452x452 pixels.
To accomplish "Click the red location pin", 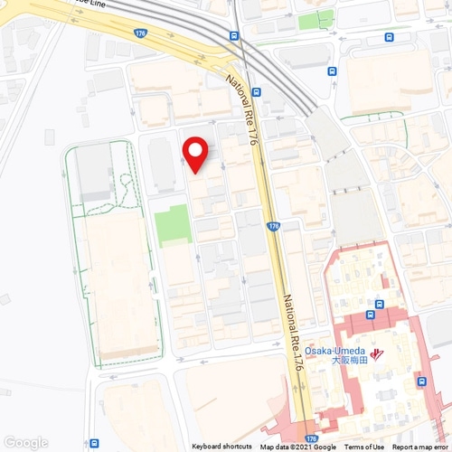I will [x=195, y=154].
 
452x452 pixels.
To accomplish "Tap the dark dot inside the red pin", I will [x=195, y=148].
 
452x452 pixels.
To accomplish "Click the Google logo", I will [x=25, y=442].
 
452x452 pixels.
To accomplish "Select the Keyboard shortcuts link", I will [x=221, y=447].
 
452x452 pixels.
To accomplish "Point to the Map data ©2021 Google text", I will [x=297, y=447].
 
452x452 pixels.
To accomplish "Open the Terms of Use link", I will [x=364, y=447].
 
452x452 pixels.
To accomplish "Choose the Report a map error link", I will [x=420, y=447].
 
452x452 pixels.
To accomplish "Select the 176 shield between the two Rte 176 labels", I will [x=273, y=226].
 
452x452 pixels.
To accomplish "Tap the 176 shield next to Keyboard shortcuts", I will [x=310, y=438].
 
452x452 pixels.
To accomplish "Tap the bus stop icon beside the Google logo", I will [x=94, y=443].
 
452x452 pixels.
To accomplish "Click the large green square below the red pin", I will [x=173, y=225].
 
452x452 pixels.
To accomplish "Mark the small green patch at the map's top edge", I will [x=315, y=19].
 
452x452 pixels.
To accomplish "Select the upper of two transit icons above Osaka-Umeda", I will [x=381, y=305].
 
